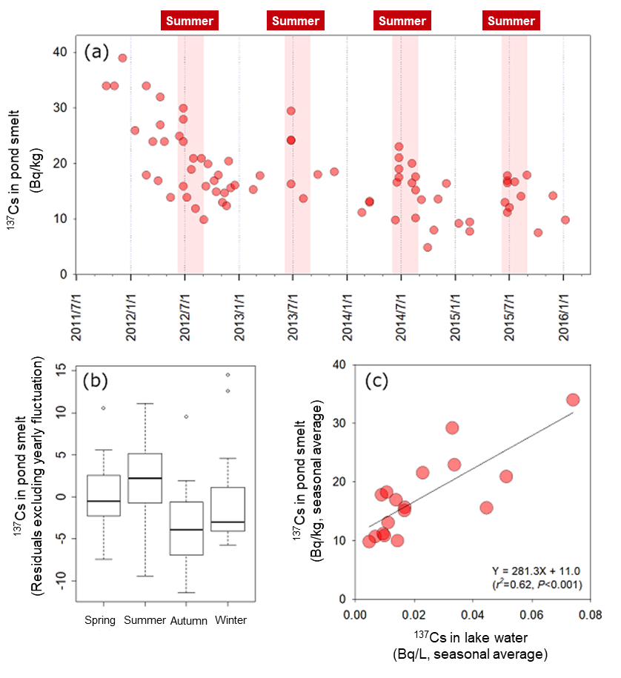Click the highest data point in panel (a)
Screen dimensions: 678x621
[x=122, y=58]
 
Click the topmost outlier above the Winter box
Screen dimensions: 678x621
[x=228, y=374]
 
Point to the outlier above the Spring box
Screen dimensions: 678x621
[x=104, y=408]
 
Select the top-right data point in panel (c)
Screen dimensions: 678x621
[x=573, y=400]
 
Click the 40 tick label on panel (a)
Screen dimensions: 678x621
[x=59, y=52]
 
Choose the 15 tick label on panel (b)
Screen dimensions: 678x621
[x=62, y=368]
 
